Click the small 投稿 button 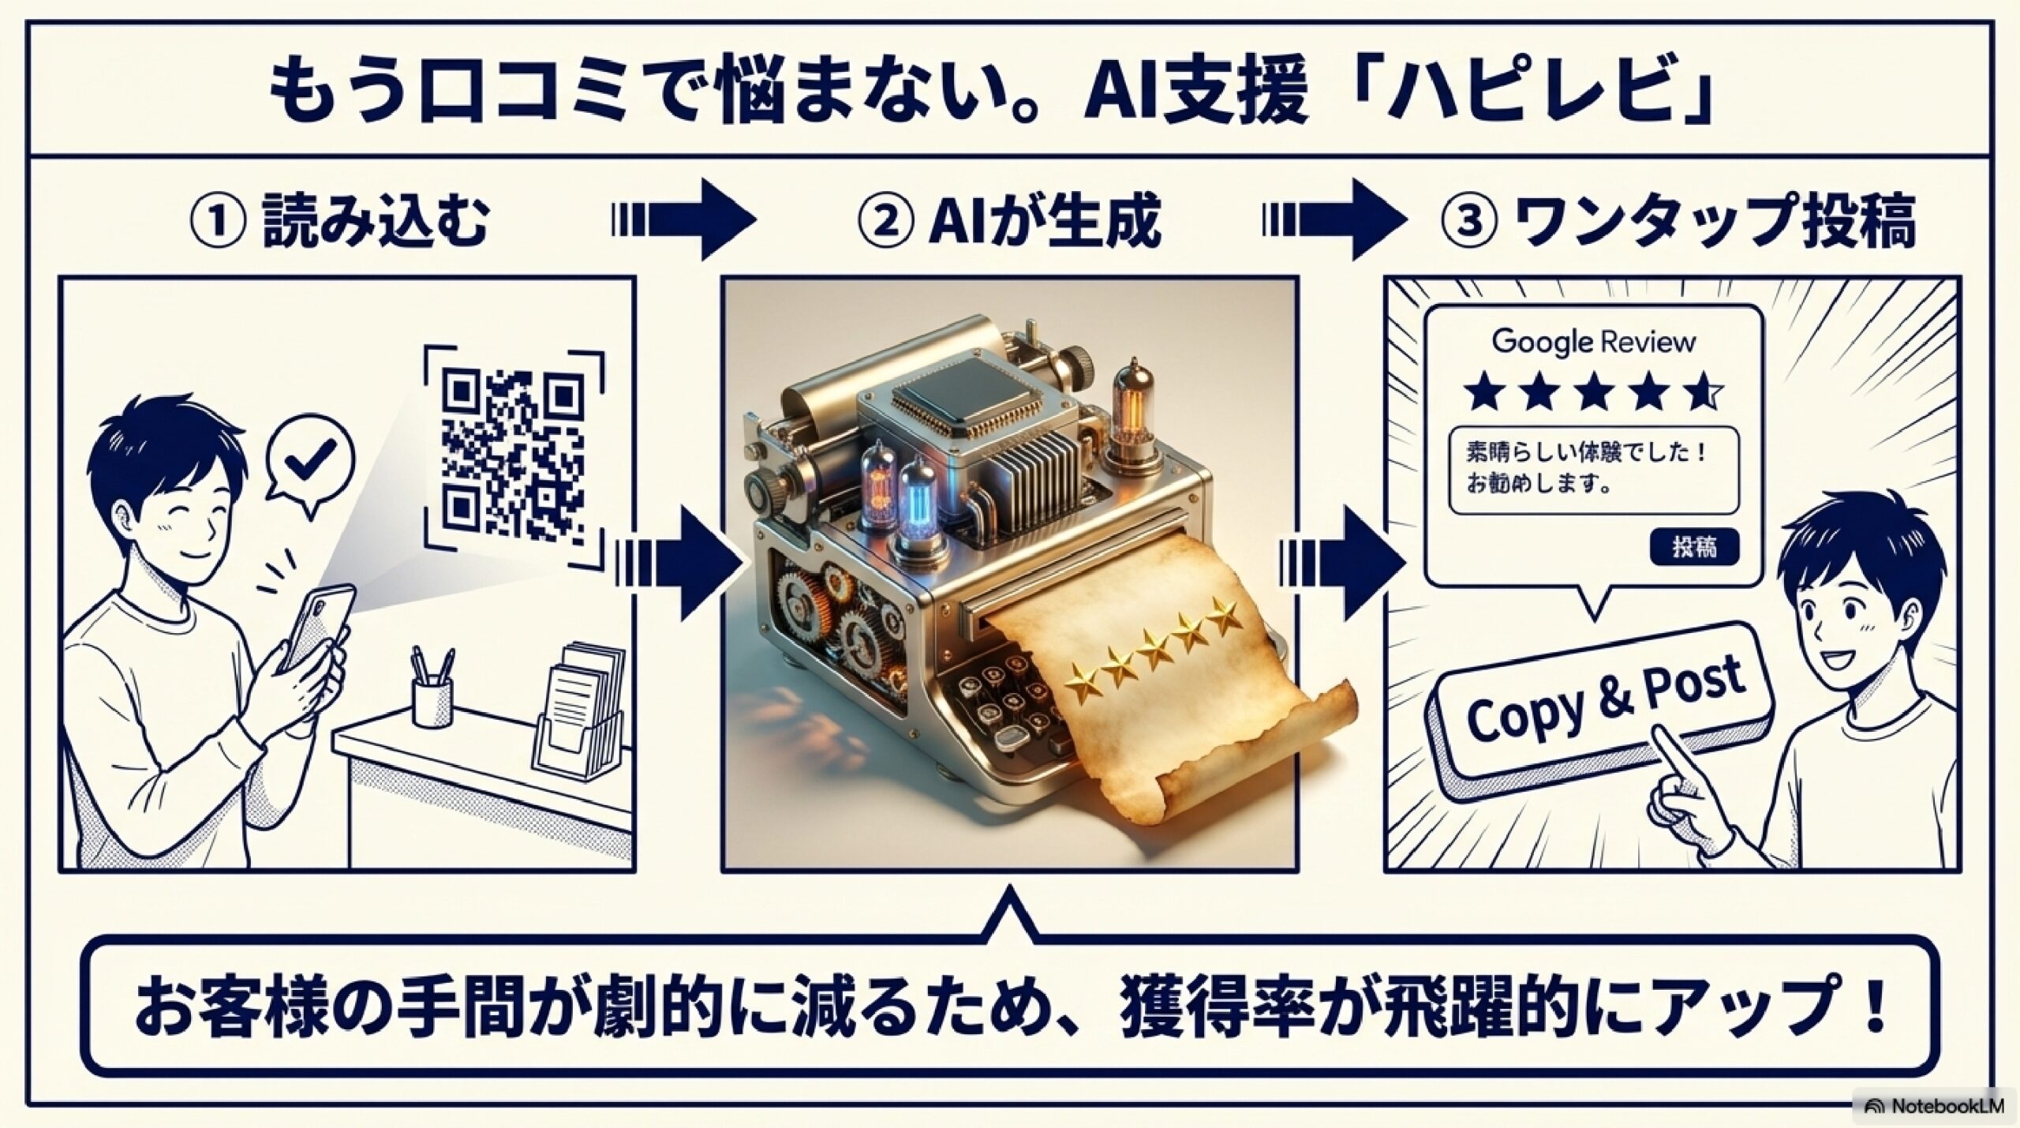[1693, 546]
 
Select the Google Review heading [1593, 343]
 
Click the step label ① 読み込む [339, 223]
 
